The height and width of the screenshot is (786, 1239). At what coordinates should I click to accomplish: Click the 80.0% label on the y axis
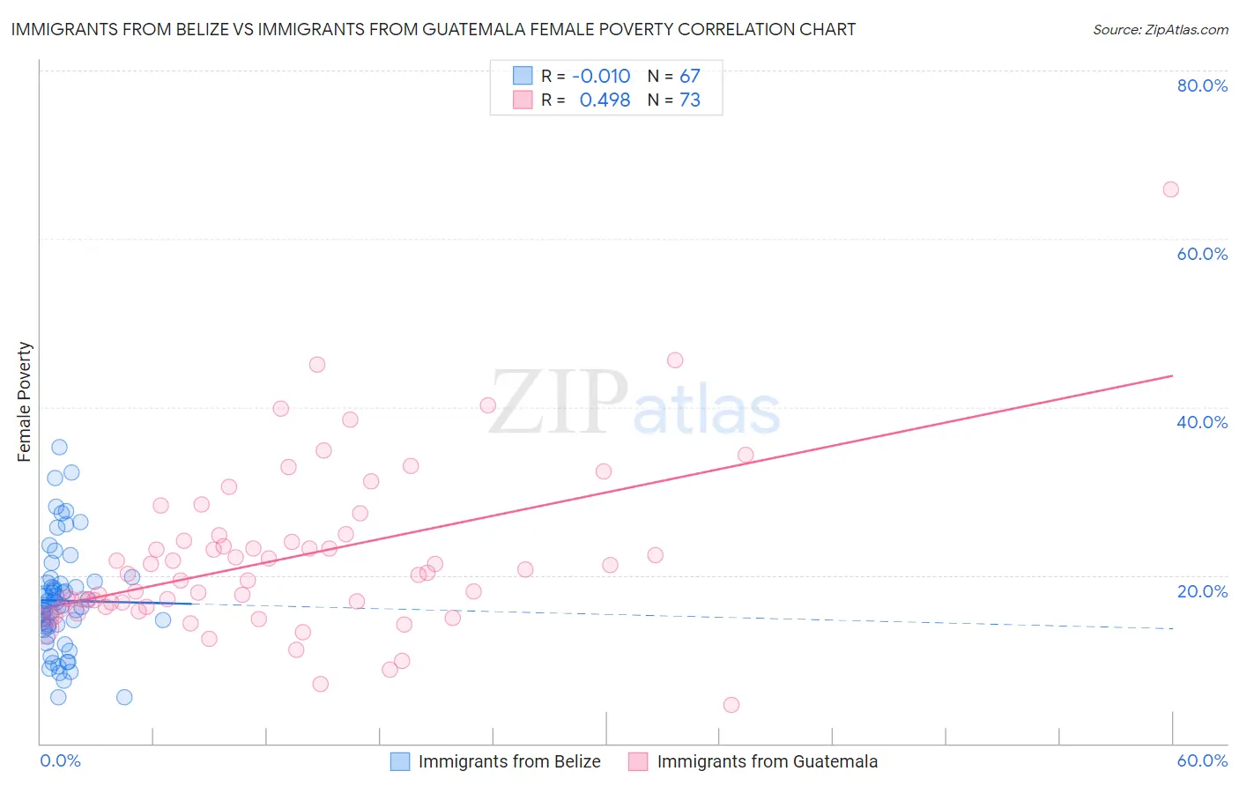tap(1202, 85)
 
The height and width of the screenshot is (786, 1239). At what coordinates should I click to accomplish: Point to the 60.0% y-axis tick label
tap(1202, 254)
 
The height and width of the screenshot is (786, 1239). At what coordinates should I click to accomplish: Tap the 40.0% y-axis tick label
tap(1202, 422)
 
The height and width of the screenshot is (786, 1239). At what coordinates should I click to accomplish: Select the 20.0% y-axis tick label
tap(1202, 590)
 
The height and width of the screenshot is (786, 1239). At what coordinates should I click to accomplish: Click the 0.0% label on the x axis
tap(60, 760)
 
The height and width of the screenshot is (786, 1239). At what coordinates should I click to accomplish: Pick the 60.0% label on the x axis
tap(1202, 760)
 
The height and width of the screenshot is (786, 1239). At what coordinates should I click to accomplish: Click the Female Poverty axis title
tap(24, 402)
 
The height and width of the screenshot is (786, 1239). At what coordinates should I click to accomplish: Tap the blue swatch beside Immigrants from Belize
tap(400, 761)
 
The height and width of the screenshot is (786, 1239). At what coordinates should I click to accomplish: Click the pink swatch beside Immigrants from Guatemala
tap(638, 761)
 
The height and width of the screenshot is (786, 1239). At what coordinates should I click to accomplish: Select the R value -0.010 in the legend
tap(601, 76)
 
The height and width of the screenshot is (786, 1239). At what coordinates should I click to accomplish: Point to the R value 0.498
tap(605, 100)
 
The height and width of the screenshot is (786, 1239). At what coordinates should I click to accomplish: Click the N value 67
tap(689, 76)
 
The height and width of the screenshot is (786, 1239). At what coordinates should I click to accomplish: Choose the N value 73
tap(689, 100)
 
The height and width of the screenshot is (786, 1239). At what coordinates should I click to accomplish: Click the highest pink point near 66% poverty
tap(1170, 189)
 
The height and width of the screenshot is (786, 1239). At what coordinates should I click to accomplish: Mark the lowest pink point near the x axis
tap(731, 705)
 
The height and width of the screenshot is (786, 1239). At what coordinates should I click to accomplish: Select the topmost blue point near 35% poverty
tap(59, 447)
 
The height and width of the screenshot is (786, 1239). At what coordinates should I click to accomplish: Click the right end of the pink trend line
tap(1172, 375)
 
